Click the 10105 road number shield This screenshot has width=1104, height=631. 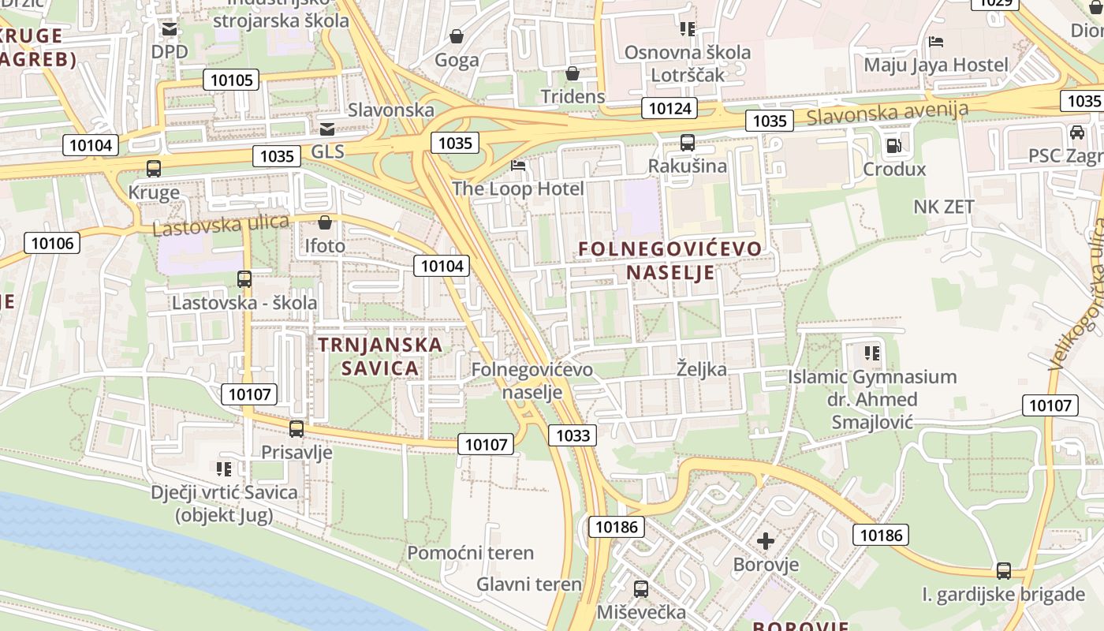click(x=232, y=80)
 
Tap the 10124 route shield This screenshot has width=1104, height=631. click(x=670, y=108)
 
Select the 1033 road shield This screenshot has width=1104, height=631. click(x=573, y=435)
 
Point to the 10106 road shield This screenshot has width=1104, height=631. click(x=53, y=243)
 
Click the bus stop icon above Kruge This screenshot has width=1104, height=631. click(x=154, y=168)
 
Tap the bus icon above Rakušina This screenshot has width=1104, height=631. click(x=688, y=143)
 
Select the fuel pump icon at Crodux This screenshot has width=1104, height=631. click(x=893, y=146)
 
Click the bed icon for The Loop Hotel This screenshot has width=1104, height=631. click(x=518, y=166)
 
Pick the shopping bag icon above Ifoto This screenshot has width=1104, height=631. click(x=325, y=223)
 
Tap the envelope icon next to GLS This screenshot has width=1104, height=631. click(x=326, y=129)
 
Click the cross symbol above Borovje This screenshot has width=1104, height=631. click(x=765, y=542)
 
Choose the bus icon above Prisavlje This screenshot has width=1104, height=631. click(x=297, y=429)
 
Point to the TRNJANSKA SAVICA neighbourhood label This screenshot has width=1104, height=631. click(x=380, y=357)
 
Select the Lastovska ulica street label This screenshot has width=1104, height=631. click(x=221, y=226)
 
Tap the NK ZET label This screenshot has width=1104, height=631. click(x=944, y=207)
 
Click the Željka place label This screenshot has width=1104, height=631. click(x=702, y=369)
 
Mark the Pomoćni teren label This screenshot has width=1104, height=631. click(x=470, y=553)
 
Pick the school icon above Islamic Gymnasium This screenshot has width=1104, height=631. click(x=871, y=353)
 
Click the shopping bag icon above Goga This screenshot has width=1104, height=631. click(x=457, y=36)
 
